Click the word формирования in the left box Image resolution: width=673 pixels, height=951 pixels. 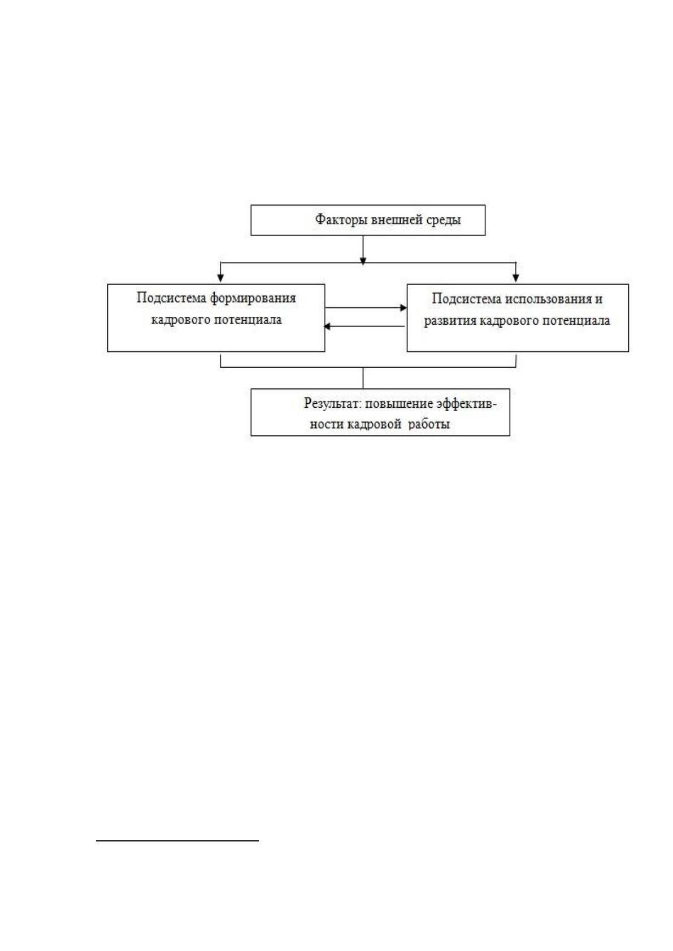coord(253,298)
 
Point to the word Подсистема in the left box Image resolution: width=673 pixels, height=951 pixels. coord(171,298)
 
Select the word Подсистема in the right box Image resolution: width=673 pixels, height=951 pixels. coord(467,299)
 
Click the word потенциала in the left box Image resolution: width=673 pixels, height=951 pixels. coord(248,320)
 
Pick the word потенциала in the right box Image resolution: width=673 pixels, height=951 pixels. coord(576,321)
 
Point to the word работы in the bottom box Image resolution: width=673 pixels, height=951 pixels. coord(429,424)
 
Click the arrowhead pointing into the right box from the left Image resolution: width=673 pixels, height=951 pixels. coord(403,308)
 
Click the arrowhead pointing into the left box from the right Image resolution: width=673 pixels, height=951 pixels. coord(327,326)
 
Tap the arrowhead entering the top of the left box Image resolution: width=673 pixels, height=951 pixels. coord(220,278)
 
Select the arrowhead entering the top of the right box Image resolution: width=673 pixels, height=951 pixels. coord(516,278)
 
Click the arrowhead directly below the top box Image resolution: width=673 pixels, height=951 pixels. coord(363,261)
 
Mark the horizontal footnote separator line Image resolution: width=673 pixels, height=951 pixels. coord(177,840)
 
